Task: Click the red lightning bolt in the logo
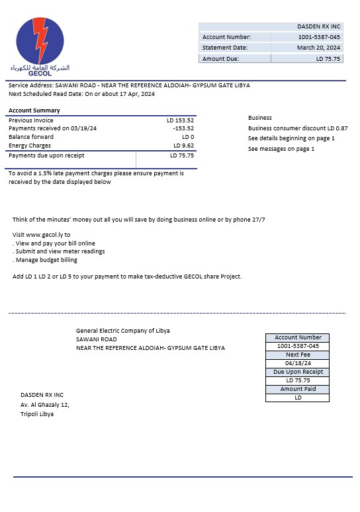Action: click(40, 41)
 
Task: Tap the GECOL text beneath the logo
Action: click(40, 73)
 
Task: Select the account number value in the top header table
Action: click(319, 37)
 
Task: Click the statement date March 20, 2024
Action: click(318, 48)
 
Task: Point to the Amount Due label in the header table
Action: click(220, 59)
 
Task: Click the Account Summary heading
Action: click(34, 110)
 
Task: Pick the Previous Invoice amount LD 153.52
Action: click(180, 120)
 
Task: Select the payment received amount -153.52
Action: click(183, 128)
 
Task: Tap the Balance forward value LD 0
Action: click(188, 137)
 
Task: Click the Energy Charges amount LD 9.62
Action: click(183, 146)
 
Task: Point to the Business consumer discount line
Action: click(298, 128)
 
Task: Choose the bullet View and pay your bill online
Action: click(54, 243)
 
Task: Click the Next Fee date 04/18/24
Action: click(298, 363)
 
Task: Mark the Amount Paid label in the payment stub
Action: click(298, 389)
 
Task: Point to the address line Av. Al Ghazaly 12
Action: click(45, 404)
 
